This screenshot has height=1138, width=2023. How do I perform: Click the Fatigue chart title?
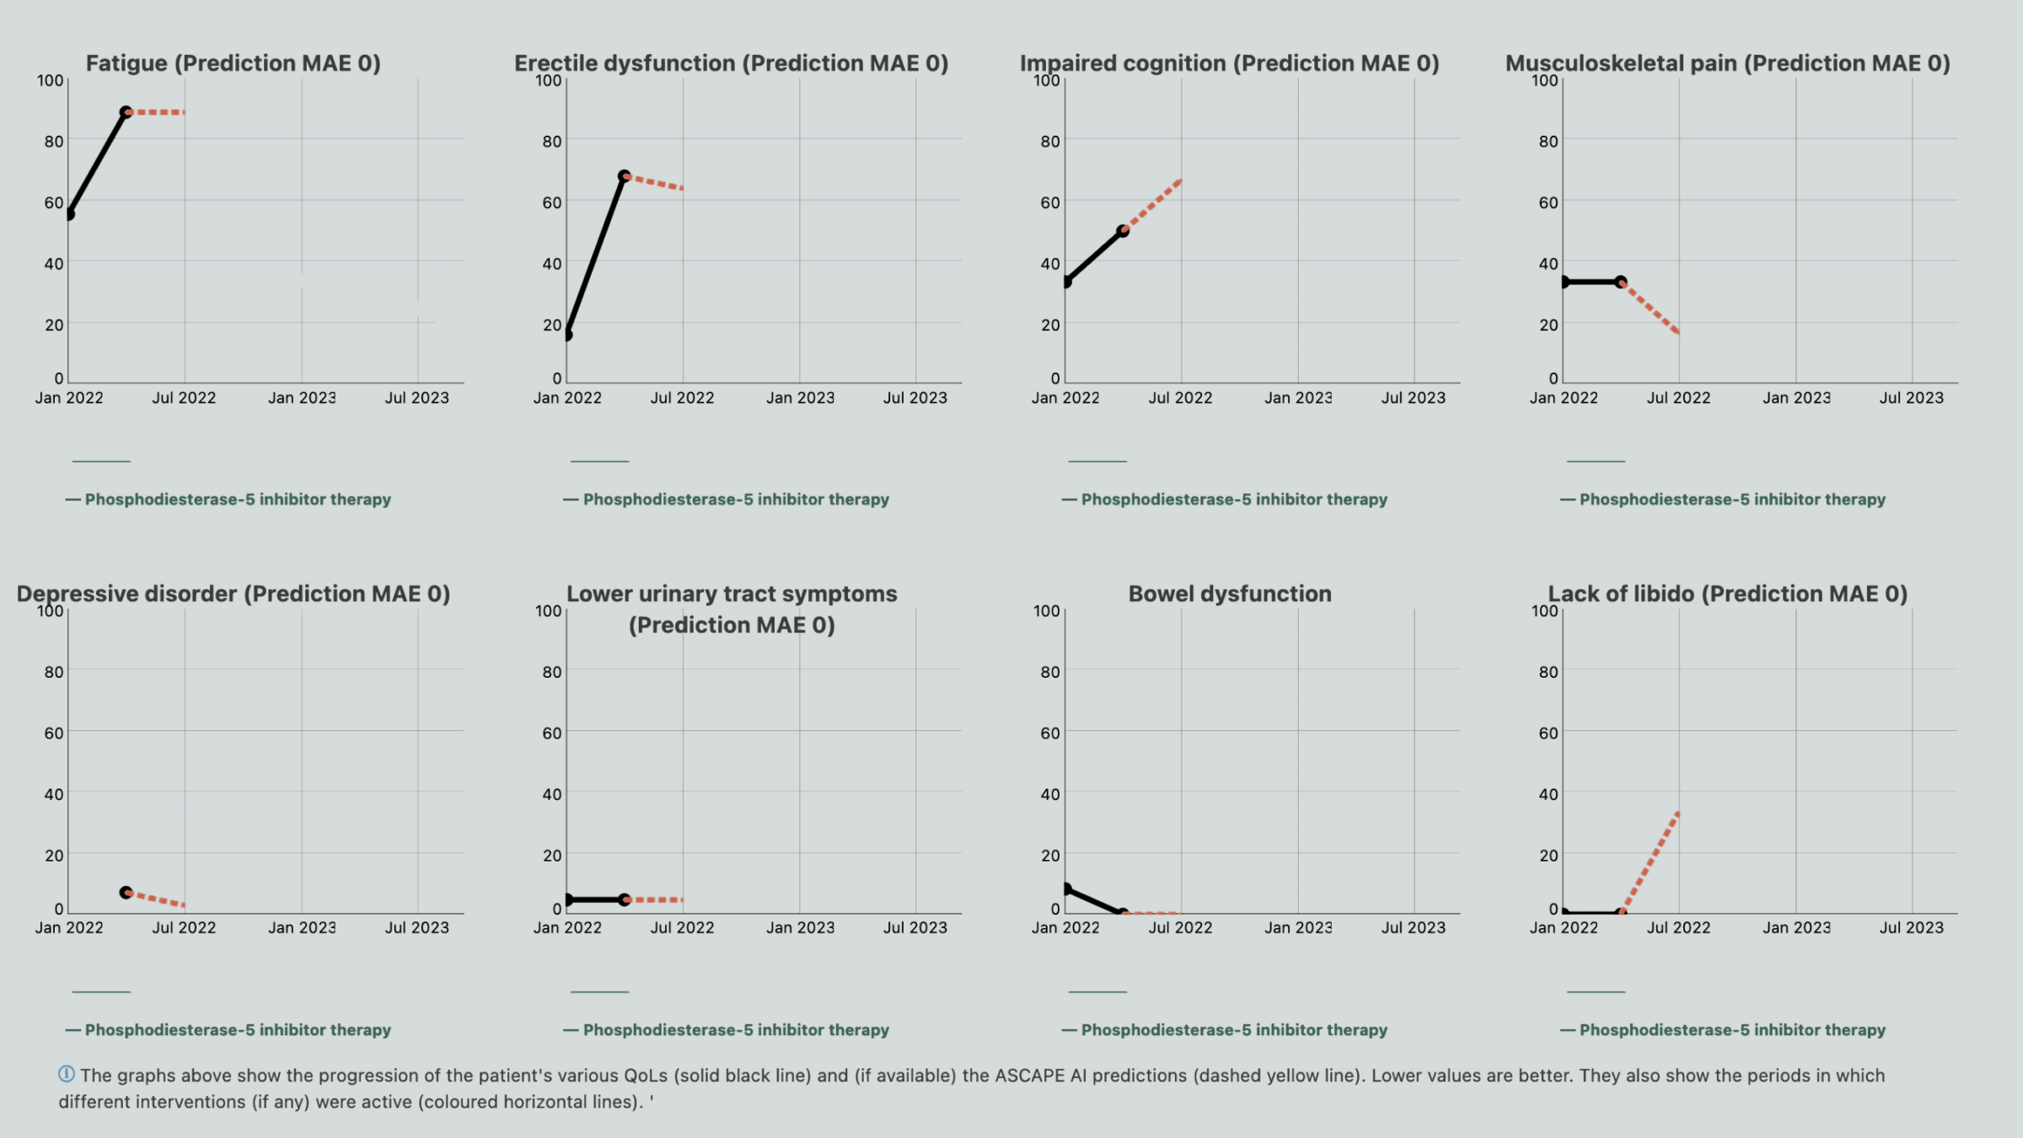point(233,63)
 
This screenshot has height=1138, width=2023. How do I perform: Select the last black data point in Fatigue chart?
point(126,112)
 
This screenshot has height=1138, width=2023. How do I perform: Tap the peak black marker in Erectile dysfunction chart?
point(624,176)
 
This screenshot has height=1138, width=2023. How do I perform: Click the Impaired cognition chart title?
point(1229,63)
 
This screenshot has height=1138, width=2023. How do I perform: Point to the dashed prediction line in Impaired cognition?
point(1153,205)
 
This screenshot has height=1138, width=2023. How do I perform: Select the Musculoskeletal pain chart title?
point(1727,63)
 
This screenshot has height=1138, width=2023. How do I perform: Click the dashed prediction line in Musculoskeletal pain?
point(1650,308)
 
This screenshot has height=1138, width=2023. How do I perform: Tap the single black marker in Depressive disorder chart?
point(126,892)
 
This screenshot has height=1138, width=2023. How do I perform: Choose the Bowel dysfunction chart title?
point(1229,593)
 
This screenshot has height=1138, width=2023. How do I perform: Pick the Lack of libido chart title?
point(1727,593)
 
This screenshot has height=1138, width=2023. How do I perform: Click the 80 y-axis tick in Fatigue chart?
point(54,142)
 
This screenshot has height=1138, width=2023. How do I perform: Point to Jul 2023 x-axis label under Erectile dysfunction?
point(915,398)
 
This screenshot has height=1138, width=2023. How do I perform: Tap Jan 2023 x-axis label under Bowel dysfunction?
point(1298,927)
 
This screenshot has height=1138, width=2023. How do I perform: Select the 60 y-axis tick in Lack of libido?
point(1548,733)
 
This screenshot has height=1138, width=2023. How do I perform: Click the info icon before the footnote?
point(66,1074)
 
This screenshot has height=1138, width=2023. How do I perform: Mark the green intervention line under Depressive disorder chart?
point(101,991)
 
